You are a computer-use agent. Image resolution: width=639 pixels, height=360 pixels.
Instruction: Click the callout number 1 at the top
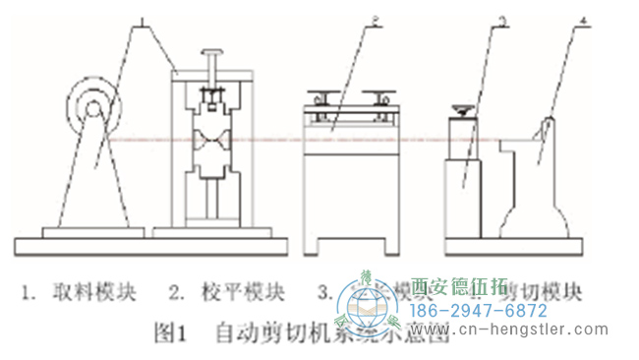(144, 21)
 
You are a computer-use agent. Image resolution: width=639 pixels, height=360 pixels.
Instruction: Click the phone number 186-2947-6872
(477, 311)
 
